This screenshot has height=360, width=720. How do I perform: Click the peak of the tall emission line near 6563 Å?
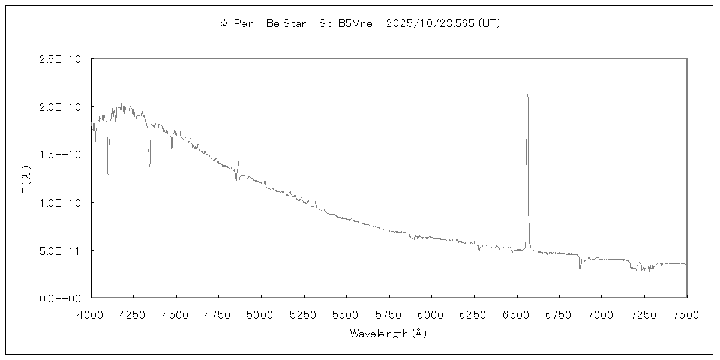527,92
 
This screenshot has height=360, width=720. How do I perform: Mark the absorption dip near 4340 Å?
149,169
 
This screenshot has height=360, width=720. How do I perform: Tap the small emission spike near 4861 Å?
238,155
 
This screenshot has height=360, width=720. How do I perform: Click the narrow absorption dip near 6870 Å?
580,268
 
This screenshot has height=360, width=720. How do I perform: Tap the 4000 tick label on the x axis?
91,314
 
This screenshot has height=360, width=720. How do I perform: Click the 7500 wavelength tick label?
686,314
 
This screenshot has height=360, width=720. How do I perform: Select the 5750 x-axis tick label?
389,314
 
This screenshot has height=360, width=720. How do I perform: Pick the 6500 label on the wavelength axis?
517,314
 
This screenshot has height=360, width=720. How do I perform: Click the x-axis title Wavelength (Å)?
388,333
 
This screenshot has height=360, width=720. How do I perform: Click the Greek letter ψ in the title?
223,23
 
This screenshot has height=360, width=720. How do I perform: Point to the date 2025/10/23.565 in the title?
431,23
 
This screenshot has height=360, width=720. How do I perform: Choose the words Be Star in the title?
286,23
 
